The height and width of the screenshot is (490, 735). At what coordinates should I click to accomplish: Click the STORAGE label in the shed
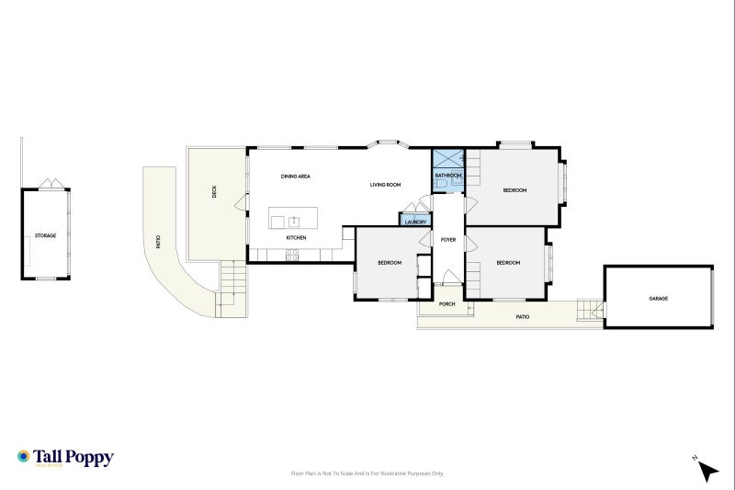pos(45,235)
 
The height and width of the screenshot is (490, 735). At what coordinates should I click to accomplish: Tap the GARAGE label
pos(658,299)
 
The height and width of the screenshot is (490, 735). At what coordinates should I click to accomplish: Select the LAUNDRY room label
pos(414,222)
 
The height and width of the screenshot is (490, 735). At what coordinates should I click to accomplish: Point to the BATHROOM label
pos(447,175)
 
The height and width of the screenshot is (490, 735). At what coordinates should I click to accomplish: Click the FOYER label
pos(447,240)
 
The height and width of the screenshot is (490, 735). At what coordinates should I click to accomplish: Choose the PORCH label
pos(447,303)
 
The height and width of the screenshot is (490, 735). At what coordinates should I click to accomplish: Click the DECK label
pos(214,192)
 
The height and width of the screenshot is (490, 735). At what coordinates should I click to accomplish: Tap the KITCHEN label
pos(296,238)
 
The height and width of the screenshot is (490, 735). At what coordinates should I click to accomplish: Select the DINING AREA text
pos(295,175)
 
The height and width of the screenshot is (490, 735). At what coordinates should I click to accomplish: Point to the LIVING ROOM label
pos(385,185)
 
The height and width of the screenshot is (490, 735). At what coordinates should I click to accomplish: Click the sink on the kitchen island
pos(294,221)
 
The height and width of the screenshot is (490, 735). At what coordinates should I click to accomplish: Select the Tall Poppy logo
pos(64,457)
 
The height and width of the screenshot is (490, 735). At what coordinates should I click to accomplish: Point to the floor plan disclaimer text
pos(367,473)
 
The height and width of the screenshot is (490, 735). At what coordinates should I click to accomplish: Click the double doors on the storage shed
pos(55,184)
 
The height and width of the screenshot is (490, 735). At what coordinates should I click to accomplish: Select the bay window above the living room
pos(386,143)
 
